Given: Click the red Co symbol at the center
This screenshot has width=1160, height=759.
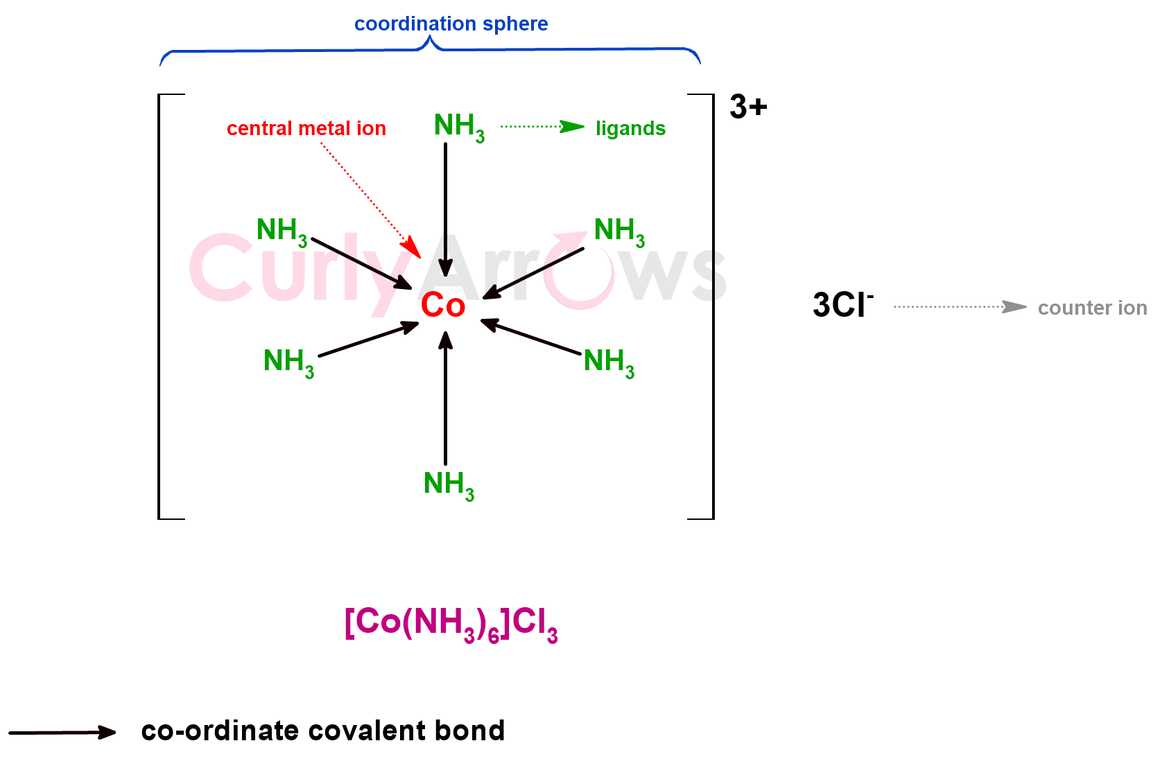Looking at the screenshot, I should click(x=442, y=306).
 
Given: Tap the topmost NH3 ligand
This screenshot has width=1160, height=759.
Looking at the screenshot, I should click(x=458, y=128).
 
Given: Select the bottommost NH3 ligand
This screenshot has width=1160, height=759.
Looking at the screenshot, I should click(x=449, y=485).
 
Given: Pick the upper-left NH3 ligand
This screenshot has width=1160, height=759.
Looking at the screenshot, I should click(x=282, y=232).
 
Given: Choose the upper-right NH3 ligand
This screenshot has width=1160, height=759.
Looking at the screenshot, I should click(x=619, y=232).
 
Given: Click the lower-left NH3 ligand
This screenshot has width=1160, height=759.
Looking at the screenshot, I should click(x=288, y=363).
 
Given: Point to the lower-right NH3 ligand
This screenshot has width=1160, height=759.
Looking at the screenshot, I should click(x=609, y=363).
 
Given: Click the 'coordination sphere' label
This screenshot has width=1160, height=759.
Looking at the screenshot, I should click(x=451, y=24).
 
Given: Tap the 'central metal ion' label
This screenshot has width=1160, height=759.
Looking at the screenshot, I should click(x=306, y=129).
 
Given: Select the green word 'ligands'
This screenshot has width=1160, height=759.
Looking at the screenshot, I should click(x=630, y=129).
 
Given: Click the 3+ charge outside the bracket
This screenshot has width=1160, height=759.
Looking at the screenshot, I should click(x=748, y=107).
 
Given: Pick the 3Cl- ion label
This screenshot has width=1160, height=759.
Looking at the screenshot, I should click(x=842, y=306).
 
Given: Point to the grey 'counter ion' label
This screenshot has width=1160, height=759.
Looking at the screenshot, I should click(x=1092, y=308).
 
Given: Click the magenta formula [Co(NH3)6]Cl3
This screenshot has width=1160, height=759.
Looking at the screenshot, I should click(x=451, y=623).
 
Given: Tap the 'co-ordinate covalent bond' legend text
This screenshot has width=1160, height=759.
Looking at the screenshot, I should click(x=322, y=731).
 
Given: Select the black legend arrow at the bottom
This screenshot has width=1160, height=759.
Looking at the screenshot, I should click(x=62, y=733).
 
